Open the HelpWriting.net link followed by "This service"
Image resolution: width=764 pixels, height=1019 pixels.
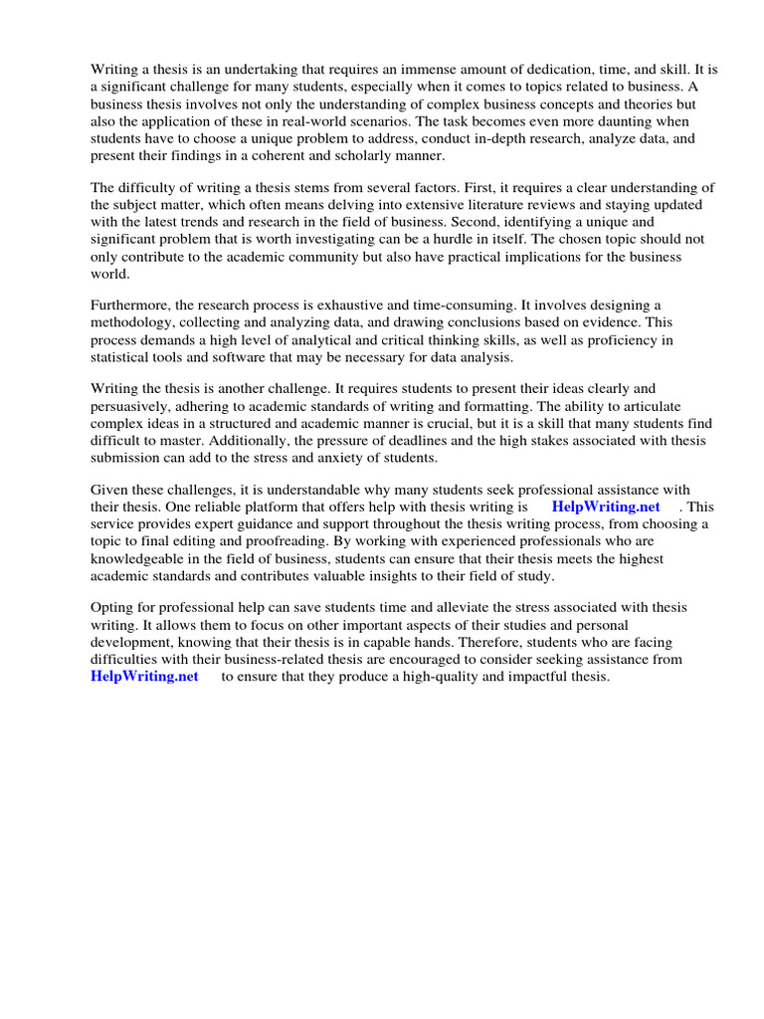point(606,506)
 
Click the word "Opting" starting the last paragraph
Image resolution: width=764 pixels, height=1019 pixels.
point(113,607)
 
